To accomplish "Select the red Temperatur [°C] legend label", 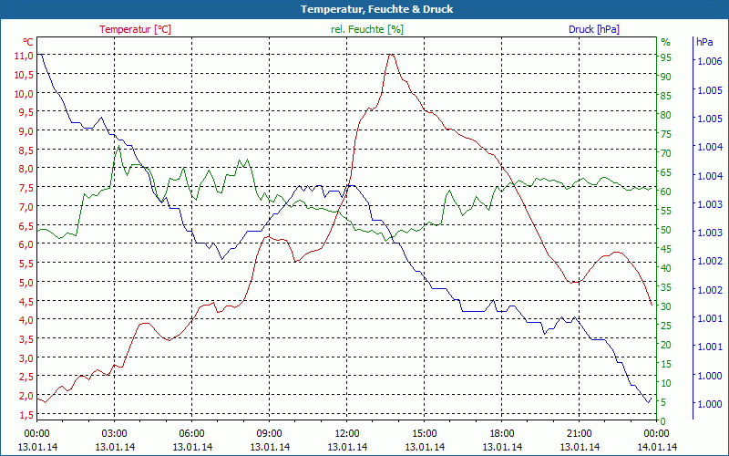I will point(135,29).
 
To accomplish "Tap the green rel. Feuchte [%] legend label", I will point(366,29).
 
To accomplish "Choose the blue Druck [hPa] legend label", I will point(593,29).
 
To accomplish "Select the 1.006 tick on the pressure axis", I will point(708,61).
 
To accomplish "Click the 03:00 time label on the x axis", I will point(114,433).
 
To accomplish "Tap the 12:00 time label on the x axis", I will point(346,433).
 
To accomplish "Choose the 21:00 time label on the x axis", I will point(579,433).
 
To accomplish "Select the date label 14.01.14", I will point(656,447).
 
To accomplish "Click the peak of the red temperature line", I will point(391,55).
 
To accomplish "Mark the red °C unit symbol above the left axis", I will point(28,42).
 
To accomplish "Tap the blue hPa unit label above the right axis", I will point(704,42).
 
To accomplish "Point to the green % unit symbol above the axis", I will point(665,42).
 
